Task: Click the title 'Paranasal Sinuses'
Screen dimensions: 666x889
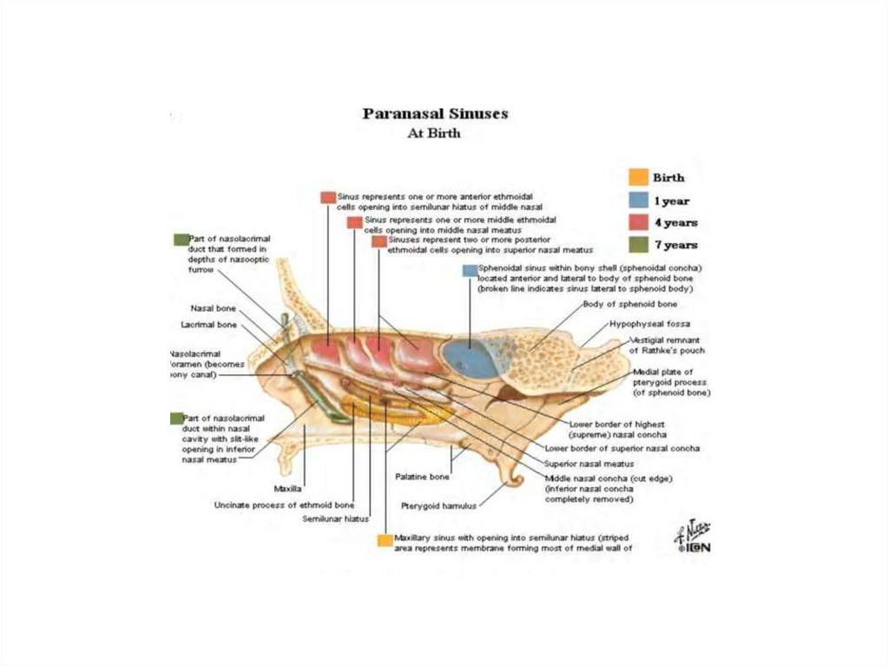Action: (435, 114)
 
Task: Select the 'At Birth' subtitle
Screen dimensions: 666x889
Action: (434, 134)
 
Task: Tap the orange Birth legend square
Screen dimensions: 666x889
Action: (638, 177)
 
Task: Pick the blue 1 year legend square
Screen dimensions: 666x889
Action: (638, 200)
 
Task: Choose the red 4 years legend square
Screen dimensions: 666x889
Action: (638, 222)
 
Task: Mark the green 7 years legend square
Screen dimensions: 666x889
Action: (638, 245)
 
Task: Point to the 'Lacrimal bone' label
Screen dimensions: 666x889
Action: (208, 325)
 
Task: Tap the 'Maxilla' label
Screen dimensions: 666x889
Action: (287, 489)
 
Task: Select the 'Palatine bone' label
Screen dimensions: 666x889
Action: (422, 477)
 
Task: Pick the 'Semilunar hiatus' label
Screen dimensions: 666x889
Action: (335, 519)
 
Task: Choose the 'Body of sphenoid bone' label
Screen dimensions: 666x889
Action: (630, 305)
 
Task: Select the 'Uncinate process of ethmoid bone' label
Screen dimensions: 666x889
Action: (284, 504)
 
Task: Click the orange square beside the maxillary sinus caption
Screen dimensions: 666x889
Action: (385, 540)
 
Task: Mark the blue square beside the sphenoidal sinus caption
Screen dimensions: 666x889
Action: (470, 271)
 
